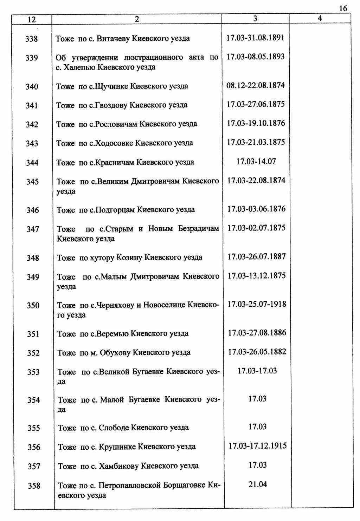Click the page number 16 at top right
(343, 9)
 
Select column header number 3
(255, 19)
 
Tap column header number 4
(320, 19)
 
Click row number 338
(32, 39)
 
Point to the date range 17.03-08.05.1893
(256, 57)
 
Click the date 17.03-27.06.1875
(256, 104)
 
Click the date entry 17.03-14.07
(256, 162)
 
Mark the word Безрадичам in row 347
(198, 229)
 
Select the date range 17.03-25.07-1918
(257, 304)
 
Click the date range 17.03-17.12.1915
(258, 446)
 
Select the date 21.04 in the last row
(258, 485)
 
